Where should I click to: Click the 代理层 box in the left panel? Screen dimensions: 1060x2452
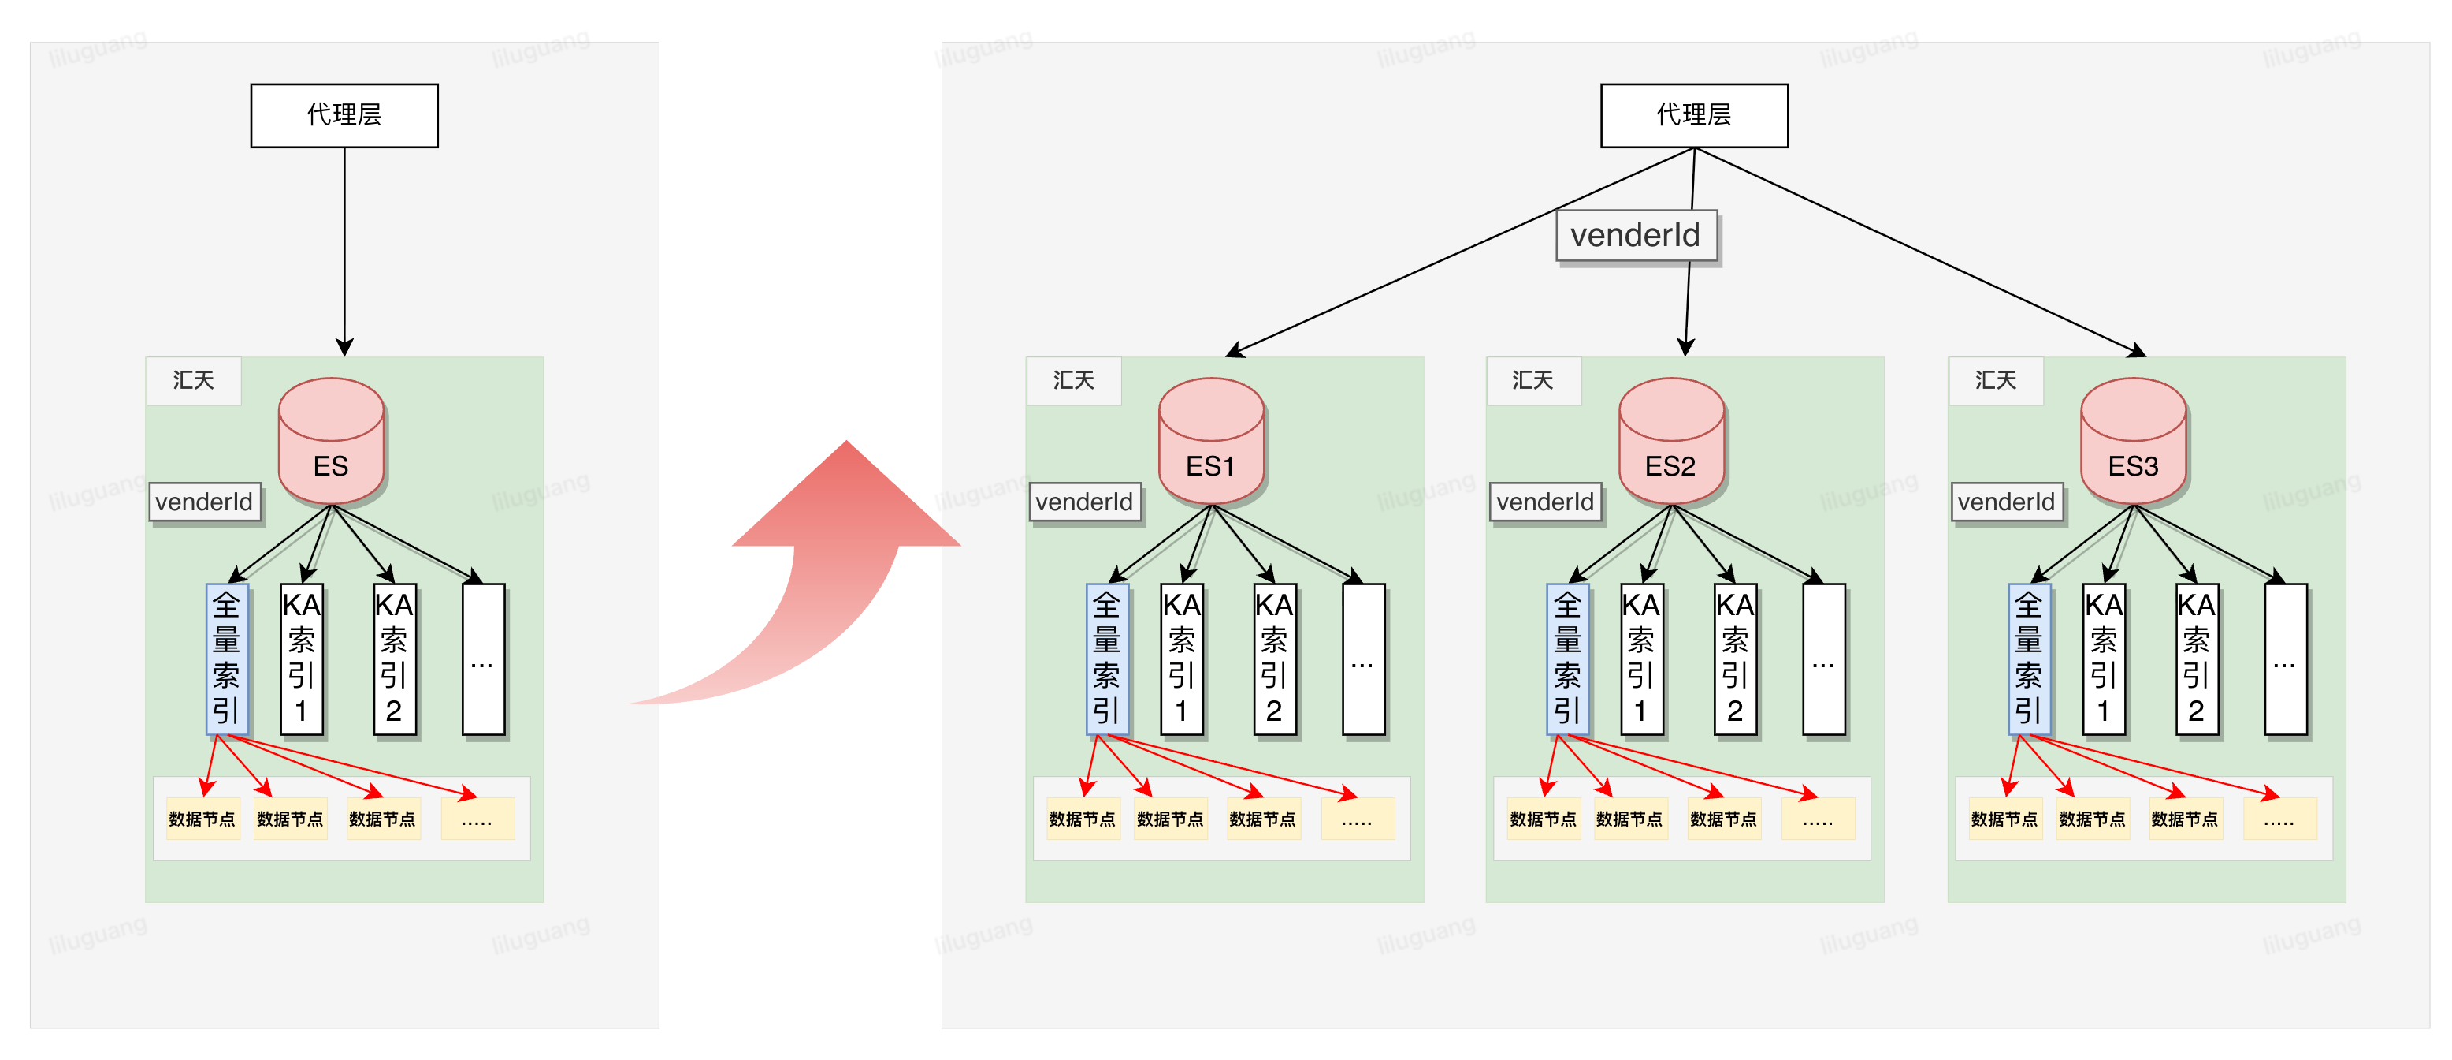coord(344,115)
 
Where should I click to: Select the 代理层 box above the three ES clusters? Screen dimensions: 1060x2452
coord(1694,115)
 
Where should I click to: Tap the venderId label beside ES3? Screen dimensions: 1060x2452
coord(2007,502)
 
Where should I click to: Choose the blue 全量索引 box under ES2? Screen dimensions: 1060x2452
coord(1568,659)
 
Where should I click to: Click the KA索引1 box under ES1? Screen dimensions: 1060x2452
coord(1182,659)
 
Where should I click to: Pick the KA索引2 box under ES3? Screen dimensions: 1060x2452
coord(2197,659)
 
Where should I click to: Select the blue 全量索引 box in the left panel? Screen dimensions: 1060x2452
coord(227,659)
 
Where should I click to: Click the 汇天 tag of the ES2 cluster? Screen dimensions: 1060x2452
coord(1532,381)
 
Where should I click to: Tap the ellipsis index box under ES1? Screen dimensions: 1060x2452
coord(1363,659)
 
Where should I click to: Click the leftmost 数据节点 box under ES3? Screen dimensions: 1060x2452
coord(2004,819)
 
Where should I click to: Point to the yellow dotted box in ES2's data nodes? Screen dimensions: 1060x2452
coord(1818,819)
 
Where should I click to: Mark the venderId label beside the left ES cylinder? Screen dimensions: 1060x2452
coord(205,502)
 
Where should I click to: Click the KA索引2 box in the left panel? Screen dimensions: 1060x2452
coord(394,659)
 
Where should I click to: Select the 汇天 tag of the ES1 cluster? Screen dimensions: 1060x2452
coord(1074,381)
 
